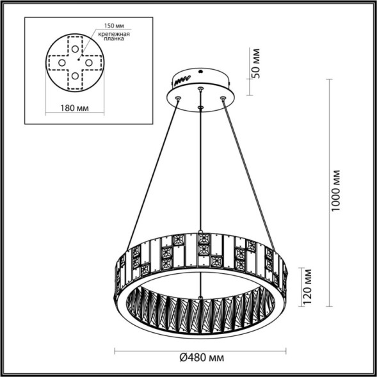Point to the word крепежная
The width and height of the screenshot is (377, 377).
(116, 33)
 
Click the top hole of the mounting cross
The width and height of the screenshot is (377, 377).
(76, 48)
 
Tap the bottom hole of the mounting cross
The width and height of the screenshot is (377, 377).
(76, 76)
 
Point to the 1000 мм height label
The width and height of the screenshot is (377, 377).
(337, 191)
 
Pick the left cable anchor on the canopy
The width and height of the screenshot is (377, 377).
(178, 98)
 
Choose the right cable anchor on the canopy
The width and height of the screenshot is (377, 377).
(223, 98)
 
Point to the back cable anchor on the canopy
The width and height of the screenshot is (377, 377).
(201, 88)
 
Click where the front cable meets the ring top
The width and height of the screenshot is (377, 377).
(201, 232)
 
